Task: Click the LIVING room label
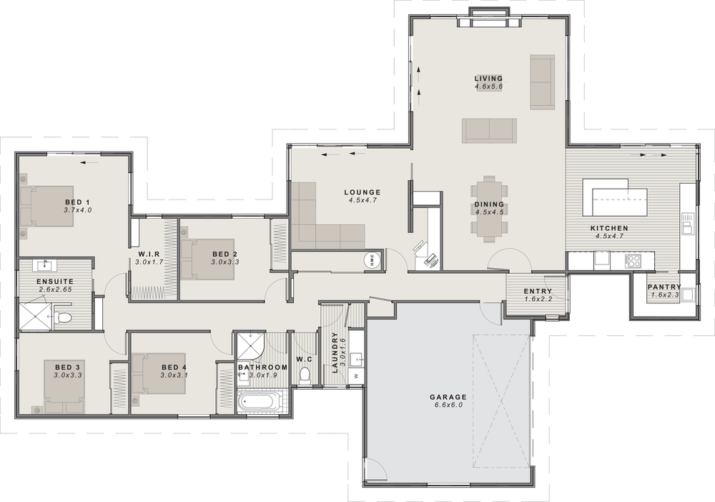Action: [489, 79]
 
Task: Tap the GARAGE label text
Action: [448, 397]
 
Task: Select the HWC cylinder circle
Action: [373, 260]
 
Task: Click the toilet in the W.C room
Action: [305, 375]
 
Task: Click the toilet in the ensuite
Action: [64, 316]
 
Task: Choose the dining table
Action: [489, 208]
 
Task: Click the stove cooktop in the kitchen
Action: [633, 261]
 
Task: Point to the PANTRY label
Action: [663, 287]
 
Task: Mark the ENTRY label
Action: [538, 291]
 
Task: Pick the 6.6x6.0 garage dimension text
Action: [448, 405]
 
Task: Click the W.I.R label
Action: [149, 255]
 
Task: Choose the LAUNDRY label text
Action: [335, 354]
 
